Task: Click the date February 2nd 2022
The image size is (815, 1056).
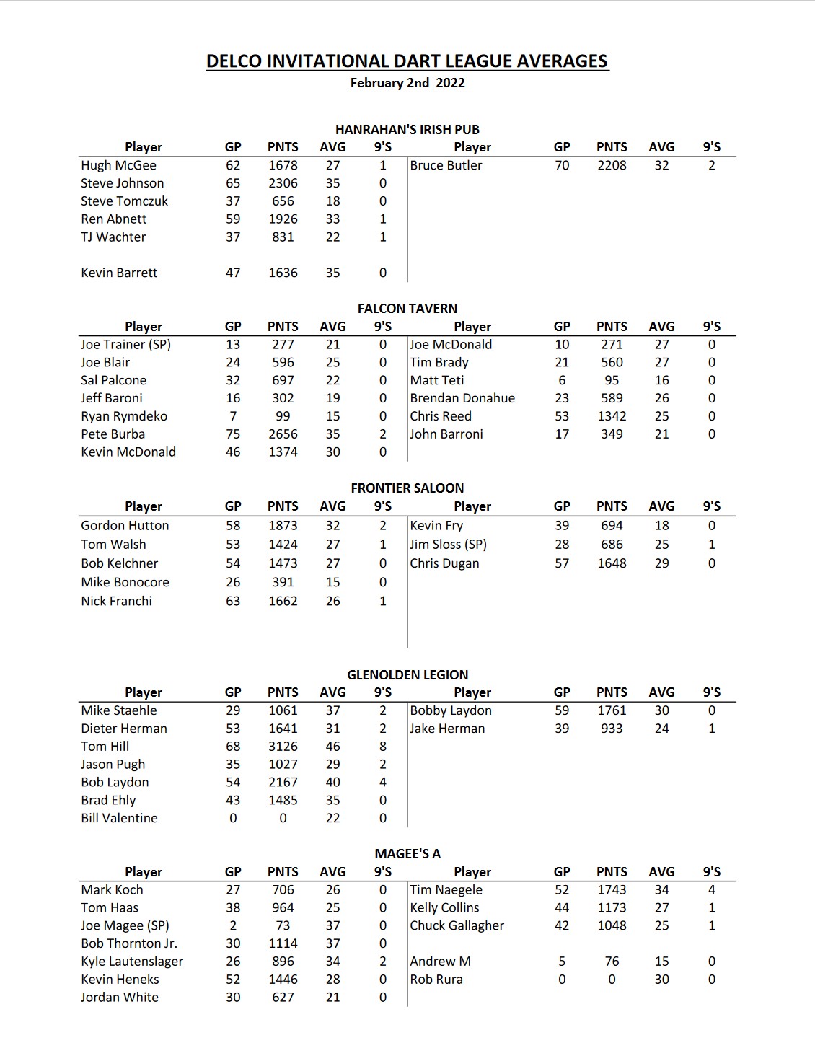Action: coord(407,83)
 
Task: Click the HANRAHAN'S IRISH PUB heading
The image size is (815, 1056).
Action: coord(407,130)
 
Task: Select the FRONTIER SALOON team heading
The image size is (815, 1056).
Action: coord(407,488)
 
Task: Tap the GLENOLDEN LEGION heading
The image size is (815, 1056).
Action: coord(407,675)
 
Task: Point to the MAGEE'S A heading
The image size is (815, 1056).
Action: coord(407,854)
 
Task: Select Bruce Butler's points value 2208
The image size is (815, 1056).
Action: coord(612,165)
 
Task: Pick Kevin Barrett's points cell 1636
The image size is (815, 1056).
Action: coord(283,273)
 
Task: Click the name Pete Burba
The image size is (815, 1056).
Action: coord(113,434)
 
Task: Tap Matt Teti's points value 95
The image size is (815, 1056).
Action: coord(612,380)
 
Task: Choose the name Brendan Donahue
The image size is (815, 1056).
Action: coord(462,398)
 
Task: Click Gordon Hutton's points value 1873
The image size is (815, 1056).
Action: coord(283,526)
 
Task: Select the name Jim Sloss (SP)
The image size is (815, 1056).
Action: coord(448,545)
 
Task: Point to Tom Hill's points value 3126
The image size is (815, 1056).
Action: coord(283,747)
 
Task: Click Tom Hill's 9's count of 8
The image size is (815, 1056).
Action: coord(383,747)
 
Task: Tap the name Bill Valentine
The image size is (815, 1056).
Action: coord(119,818)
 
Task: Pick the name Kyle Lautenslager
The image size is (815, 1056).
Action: coord(132,962)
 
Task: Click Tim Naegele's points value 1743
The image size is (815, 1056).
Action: coord(612,890)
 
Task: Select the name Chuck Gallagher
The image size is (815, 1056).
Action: coord(457,925)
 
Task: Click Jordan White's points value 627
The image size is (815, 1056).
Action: coord(283,997)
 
